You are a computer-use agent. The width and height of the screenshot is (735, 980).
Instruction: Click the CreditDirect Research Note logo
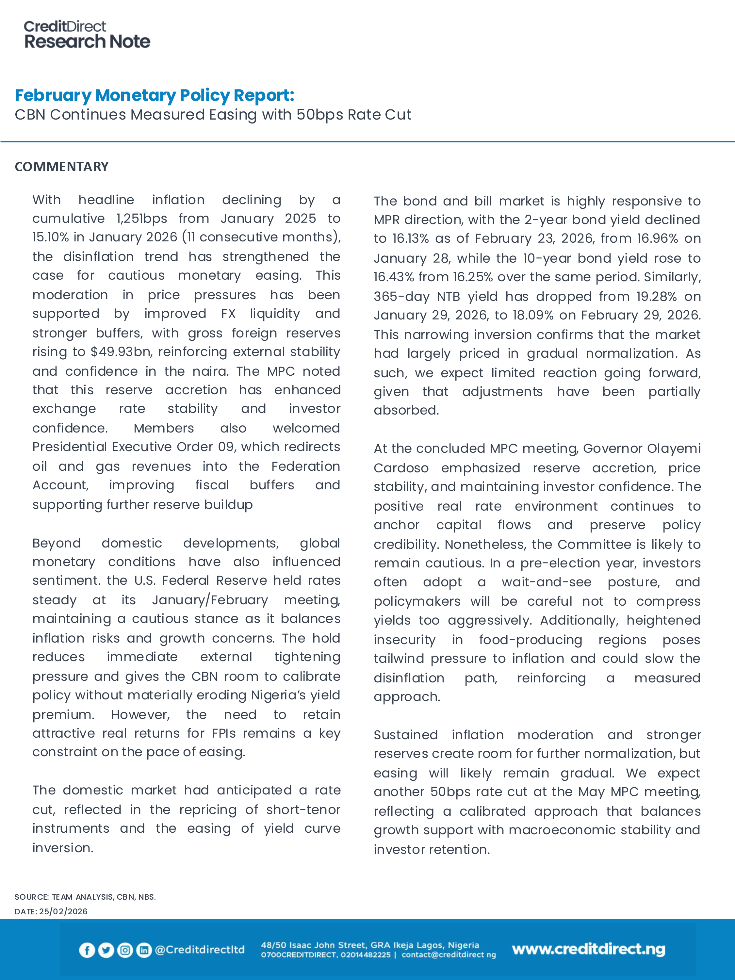coord(87,35)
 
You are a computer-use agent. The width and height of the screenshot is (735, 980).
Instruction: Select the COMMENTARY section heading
coord(62,167)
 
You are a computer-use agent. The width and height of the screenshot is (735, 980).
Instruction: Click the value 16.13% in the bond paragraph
coord(410,238)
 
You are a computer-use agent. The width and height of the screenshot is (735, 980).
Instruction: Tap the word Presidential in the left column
coord(70,447)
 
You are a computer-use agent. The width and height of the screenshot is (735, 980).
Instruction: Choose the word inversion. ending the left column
coord(62,848)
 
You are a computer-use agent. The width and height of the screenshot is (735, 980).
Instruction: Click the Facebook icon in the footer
coord(87,950)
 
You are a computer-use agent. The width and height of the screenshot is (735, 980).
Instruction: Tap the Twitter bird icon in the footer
coord(106,950)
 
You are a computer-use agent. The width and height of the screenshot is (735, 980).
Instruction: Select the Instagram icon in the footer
coord(125,950)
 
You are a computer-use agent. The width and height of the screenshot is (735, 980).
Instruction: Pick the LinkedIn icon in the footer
coord(144,950)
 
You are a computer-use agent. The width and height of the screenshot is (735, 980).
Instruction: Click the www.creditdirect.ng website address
coord(588,949)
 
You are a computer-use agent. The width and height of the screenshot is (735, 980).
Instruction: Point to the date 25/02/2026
coord(63,911)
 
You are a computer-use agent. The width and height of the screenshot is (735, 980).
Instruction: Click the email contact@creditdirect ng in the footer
coord(449,955)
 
